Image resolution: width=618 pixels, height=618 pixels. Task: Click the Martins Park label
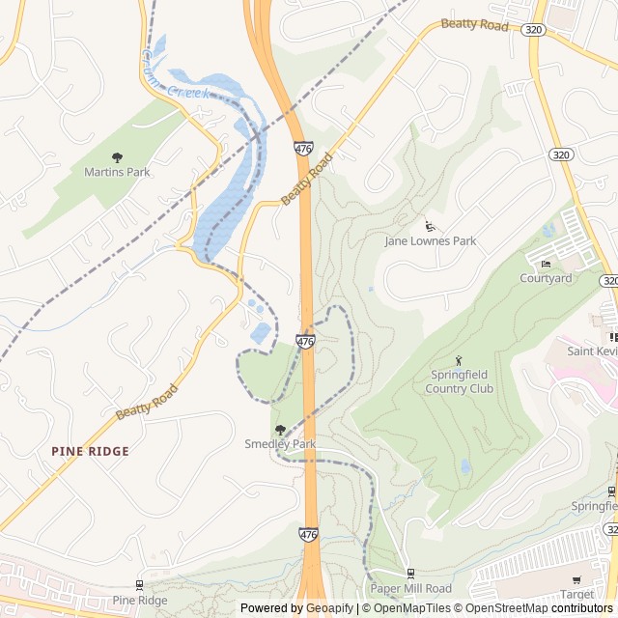click(x=117, y=172)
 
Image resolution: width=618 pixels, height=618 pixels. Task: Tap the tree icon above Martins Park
click(x=117, y=157)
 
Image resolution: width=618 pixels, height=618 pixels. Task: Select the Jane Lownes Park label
click(x=431, y=240)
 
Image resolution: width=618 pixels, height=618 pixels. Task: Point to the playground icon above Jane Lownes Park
click(x=430, y=226)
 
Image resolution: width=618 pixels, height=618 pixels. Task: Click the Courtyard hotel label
click(x=546, y=278)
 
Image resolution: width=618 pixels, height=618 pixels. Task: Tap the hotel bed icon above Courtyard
click(x=546, y=264)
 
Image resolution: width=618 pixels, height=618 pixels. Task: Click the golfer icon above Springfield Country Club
click(x=459, y=360)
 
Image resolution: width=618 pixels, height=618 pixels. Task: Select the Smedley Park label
click(x=280, y=444)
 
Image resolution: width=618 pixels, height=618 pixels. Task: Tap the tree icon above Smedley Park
click(x=280, y=430)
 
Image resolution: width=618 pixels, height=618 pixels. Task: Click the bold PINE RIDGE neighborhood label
click(x=90, y=451)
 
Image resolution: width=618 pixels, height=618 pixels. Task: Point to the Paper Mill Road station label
click(x=410, y=588)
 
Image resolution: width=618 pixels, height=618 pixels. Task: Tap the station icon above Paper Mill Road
click(x=410, y=574)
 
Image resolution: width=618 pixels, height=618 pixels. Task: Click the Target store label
click(x=576, y=595)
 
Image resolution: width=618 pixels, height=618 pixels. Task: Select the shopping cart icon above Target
click(x=576, y=580)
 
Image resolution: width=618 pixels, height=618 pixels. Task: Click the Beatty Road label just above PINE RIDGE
click(x=147, y=401)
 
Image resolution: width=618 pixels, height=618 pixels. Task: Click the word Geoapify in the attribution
click(x=330, y=608)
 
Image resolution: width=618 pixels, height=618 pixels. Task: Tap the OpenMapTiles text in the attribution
click(x=412, y=608)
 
